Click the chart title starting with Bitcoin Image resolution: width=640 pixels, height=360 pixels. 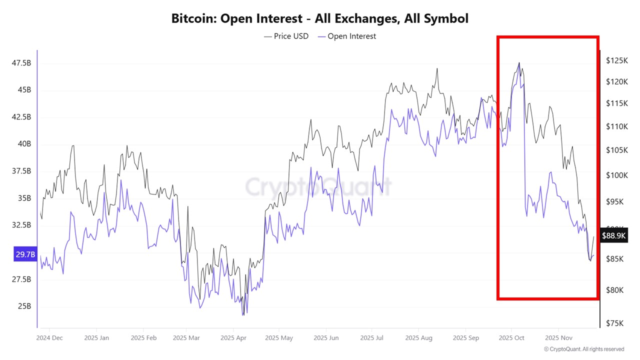pyautogui.click(x=320, y=18)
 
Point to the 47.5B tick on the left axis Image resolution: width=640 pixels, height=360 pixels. pyautogui.click(x=21, y=63)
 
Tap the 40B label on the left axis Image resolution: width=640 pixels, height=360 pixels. pyautogui.click(x=24, y=144)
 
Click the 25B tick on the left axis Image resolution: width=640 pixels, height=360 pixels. pyautogui.click(x=24, y=306)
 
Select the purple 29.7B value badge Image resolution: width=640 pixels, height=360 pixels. pyautogui.click(x=25, y=254)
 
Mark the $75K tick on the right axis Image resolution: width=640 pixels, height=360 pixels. pyautogui.click(x=614, y=323)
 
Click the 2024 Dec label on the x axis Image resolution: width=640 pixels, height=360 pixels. pyautogui.click(x=49, y=338)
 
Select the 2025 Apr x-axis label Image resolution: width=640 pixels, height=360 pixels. pyautogui.click(x=234, y=338)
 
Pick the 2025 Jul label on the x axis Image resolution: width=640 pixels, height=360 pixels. pyautogui.click(x=372, y=338)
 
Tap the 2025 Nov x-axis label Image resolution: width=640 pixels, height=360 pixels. pyautogui.click(x=559, y=338)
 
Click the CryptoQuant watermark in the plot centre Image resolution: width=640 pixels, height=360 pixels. pyautogui.click(x=318, y=187)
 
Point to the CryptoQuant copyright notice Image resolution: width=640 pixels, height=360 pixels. pyautogui.click(x=583, y=349)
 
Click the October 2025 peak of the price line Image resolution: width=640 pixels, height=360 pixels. pyautogui.click(x=519, y=63)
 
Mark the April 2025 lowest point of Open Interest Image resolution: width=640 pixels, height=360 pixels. pyautogui.click(x=243, y=315)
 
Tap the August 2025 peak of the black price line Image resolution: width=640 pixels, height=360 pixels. pyautogui.click(x=437, y=68)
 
